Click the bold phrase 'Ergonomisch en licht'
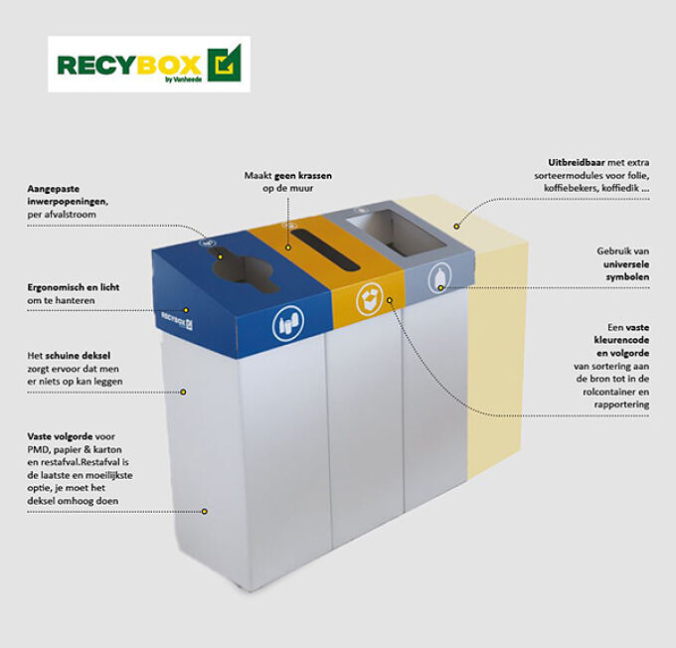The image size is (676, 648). coord(75,286)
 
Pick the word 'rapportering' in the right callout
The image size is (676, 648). coord(622,405)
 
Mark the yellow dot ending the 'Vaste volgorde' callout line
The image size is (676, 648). coord(205,511)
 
